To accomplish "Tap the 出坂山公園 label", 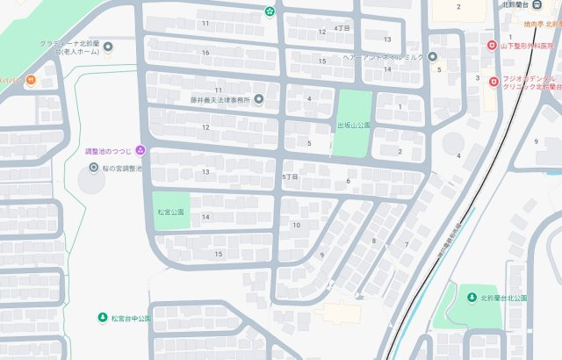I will [x=355, y=126].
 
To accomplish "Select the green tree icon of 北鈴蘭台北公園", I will [x=472, y=297].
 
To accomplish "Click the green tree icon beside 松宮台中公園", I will [x=103, y=317].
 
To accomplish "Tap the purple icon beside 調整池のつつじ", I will [x=140, y=151].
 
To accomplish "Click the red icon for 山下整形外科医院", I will [x=492, y=46].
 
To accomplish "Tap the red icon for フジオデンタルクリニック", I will [x=494, y=82].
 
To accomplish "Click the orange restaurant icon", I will [x=31, y=80].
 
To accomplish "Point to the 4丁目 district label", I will [x=342, y=28].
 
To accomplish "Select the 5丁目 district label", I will [x=291, y=176].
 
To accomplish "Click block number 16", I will [x=205, y=53].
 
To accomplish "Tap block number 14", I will [x=205, y=217].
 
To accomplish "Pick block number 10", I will [x=296, y=225].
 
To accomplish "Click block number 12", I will [x=205, y=127].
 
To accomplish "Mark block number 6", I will [x=348, y=182].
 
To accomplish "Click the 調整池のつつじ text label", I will [x=109, y=151].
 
